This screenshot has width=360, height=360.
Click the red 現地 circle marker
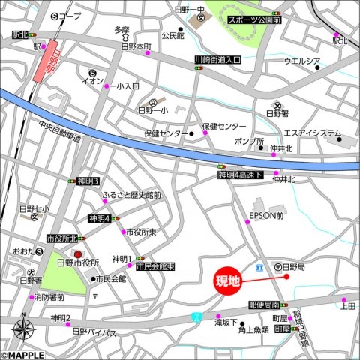[x=228, y=283]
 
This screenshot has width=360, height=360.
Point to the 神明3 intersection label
[x=88, y=181]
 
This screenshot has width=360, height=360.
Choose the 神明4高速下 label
[x=240, y=175]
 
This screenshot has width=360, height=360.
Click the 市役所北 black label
[x=61, y=238]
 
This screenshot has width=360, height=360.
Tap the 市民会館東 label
[x=155, y=266]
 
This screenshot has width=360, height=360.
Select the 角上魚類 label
[x=253, y=328]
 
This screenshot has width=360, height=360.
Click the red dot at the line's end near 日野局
[x=286, y=276]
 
